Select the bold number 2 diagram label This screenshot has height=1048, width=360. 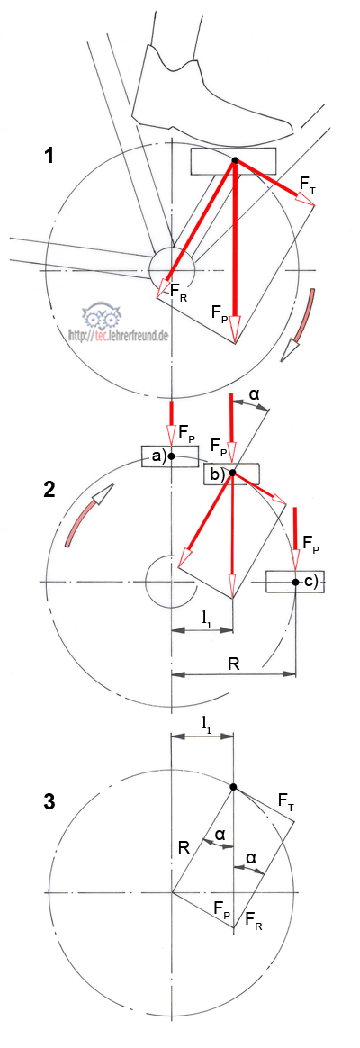48,489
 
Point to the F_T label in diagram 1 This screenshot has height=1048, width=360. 308,183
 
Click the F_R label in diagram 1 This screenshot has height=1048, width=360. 179,292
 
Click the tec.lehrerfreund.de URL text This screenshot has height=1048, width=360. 118,332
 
